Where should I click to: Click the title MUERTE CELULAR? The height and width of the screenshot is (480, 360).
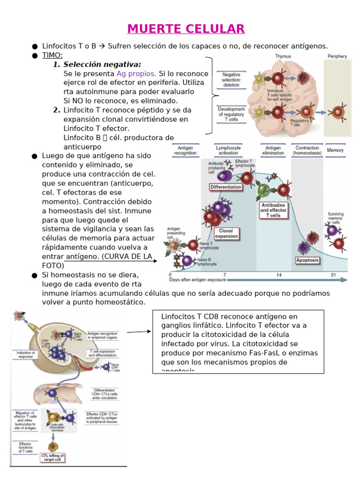tap(186, 29)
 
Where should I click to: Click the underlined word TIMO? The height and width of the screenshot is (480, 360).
tap(52, 55)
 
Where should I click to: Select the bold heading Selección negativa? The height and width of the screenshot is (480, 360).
tap(102, 65)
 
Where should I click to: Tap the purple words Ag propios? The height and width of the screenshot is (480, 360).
tap(136, 74)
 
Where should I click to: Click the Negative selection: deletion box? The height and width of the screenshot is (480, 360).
tap(231, 80)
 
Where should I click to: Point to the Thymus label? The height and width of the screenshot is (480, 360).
tap(283, 56)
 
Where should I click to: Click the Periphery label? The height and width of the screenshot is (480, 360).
tap(337, 56)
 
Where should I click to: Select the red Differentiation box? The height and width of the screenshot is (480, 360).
tap(226, 187)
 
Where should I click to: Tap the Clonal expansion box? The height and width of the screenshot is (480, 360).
tap(226, 233)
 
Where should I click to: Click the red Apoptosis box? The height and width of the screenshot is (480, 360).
tap(307, 260)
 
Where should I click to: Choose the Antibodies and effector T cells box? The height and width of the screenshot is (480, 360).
tap(274, 210)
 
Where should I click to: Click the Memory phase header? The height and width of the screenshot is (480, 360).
tap(335, 150)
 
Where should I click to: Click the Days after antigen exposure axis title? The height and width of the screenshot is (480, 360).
tap(197, 280)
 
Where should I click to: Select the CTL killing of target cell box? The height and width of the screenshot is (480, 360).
tap(52, 457)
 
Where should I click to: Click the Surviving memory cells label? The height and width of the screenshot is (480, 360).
tap(336, 218)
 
